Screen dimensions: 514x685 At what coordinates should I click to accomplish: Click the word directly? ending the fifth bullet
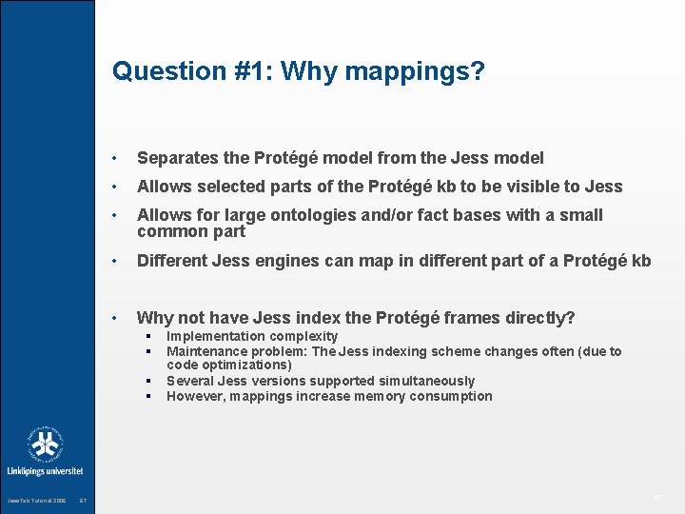coord(538,317)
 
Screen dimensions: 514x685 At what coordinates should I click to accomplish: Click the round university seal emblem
coord(46,443)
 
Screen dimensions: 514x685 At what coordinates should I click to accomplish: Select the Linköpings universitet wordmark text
coord(46,471)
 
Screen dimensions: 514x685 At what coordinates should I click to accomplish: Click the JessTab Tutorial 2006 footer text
coord(36,501)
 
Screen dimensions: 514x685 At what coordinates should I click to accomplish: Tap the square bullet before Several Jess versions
coord(150,381)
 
